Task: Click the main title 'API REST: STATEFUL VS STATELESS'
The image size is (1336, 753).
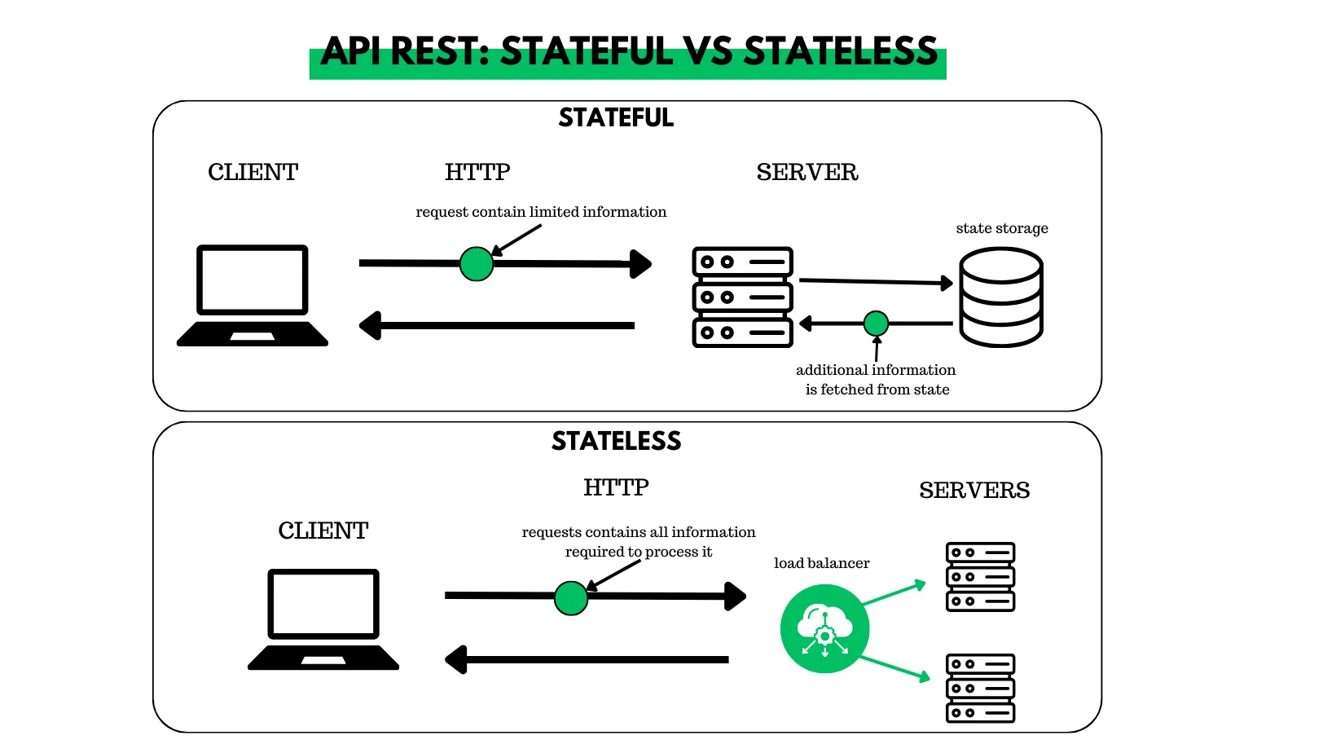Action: [628, 53]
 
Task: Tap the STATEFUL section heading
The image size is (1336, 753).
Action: [616, 118]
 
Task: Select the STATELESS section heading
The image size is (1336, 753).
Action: [616, 441]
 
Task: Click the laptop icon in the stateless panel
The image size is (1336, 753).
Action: [323, 619]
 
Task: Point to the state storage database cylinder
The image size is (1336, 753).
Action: [1000, 297]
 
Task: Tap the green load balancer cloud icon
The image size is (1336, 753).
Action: [824, 628]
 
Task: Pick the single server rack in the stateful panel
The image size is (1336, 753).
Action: [742, 297]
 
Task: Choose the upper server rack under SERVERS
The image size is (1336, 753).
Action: [980, 577]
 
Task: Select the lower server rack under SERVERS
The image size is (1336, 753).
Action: [980, 688]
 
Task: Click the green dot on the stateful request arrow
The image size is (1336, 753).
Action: [477, 264]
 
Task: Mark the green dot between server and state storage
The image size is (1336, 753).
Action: [876, 324]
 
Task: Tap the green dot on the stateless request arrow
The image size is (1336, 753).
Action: [571, 598]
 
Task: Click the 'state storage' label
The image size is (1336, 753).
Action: [1002, 229]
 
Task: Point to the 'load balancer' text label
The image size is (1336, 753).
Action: [821, 563]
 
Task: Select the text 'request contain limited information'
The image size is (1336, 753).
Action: [541, 212]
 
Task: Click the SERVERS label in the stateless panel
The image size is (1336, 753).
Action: [974, 491]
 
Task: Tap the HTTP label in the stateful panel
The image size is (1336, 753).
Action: [477, 173]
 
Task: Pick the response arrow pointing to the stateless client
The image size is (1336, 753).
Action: [587, 659]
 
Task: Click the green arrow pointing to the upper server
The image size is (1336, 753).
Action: [894, 593]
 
